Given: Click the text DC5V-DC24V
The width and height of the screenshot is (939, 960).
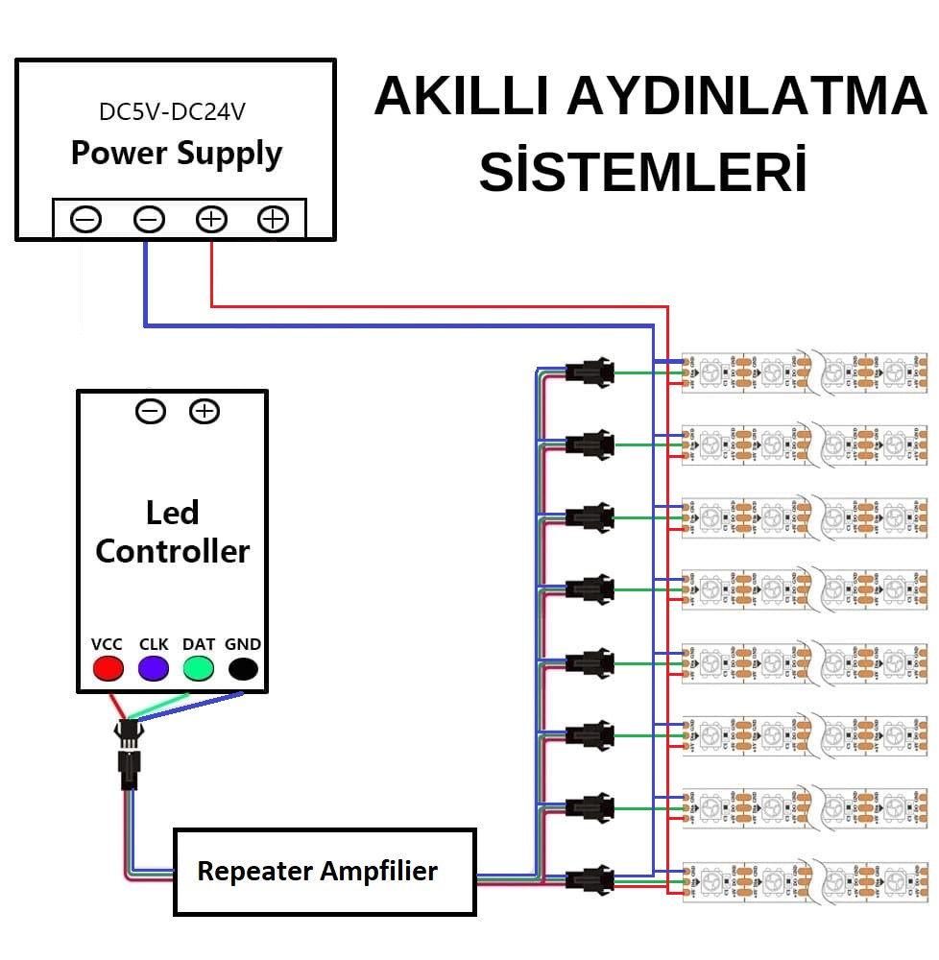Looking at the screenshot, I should pos(172,112).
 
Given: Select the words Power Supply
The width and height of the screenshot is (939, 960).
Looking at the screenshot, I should pos(177,154).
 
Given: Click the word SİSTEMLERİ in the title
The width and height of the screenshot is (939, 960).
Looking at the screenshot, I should pos(642,173).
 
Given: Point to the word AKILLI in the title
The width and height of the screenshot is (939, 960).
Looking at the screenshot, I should pos(461,97).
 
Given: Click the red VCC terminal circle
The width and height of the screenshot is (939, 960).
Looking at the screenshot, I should pos(108,668).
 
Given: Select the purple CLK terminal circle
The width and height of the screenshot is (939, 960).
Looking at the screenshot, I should pos(154,668).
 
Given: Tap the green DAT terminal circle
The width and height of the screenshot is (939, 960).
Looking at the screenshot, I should pos(199,668).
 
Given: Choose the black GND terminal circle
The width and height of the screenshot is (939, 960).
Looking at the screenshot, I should pos(243,668).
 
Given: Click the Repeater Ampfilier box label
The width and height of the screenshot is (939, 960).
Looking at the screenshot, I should pos(317,872).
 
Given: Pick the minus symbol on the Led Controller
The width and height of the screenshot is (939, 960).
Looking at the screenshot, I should pos(150,412).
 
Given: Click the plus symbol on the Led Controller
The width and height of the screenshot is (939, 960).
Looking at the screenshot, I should pos(204,412).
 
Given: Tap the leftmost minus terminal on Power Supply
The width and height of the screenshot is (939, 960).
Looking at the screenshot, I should pos(86,220).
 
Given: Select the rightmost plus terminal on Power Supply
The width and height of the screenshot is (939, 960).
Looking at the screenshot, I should pos(273,220).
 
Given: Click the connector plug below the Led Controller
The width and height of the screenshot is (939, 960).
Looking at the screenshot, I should pos(127,754).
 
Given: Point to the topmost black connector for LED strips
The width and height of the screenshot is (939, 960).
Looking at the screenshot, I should pos(590,372).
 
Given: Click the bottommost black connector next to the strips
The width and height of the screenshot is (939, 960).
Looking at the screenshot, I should pos(590,878).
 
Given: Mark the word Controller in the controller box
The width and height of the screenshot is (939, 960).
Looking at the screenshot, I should pos(173,551).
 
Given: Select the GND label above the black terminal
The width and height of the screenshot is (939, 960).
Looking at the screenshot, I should pos(243,644).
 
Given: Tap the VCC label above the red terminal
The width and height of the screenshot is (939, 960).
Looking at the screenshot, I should pos(107,644).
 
